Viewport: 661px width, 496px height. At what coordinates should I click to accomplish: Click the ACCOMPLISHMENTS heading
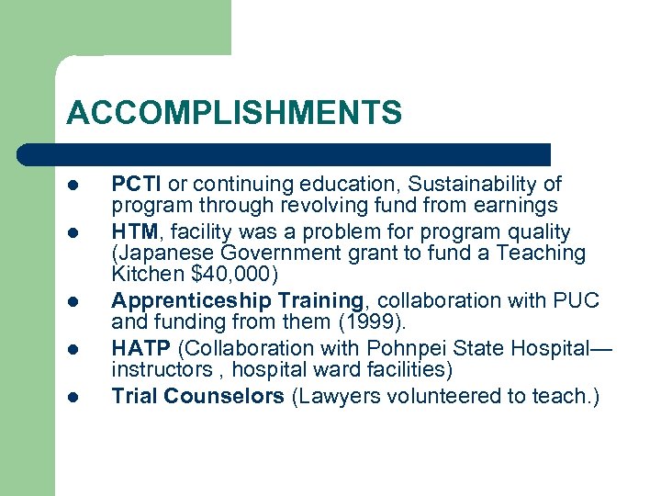coord(234,113)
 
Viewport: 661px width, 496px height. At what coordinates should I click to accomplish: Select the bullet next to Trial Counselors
coord(73,398)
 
